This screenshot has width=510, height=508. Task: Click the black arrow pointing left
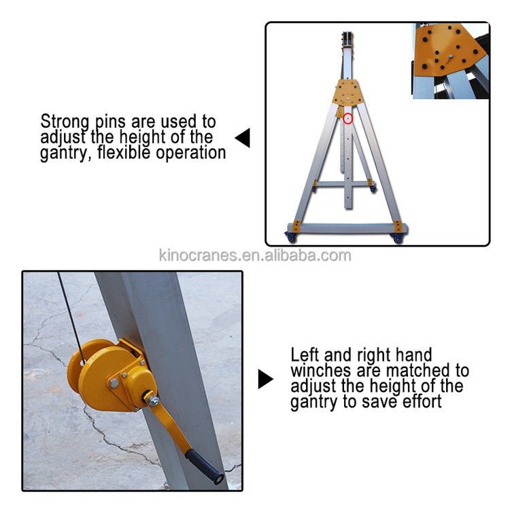243,139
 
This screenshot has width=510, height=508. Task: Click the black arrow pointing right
265,379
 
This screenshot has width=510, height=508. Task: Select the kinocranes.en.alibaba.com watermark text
254,256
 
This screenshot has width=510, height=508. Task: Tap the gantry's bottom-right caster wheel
397,238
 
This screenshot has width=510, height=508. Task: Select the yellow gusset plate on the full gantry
348,92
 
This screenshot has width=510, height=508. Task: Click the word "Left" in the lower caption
303,355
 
